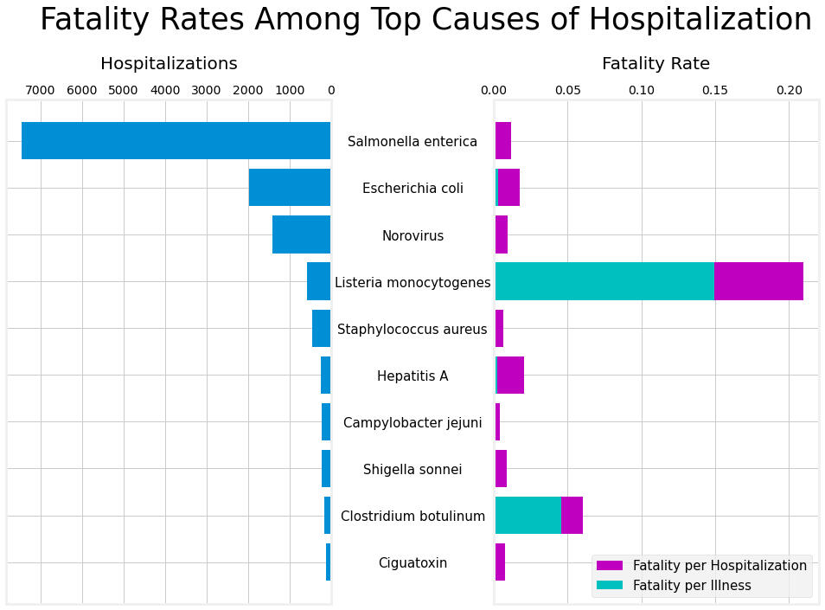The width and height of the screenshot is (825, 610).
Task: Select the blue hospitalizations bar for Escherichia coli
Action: click(290, 187)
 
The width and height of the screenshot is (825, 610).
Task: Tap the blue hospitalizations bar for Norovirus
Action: click(301, 234)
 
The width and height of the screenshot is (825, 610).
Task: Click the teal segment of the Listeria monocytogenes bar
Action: click(604, 281)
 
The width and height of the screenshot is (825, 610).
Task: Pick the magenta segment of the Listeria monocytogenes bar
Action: click(758, 281)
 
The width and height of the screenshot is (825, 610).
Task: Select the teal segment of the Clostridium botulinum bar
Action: click(528, 515)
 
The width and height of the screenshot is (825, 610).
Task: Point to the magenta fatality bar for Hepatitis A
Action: click(511, 375)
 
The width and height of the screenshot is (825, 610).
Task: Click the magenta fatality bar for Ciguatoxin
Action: click(500, 562)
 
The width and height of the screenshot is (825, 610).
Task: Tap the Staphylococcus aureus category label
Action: click(412, 330)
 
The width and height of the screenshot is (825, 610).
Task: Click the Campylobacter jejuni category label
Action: click(412, 423)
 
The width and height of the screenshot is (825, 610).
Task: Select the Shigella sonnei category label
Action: click(412, 470)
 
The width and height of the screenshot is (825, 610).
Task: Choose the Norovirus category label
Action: click(412, 236)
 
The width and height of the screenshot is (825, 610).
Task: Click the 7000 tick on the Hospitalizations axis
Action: click(41, 90)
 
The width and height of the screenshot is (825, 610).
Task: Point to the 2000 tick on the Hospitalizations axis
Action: click(248, 90)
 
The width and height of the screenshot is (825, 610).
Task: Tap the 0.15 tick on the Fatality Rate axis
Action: click(715, 90)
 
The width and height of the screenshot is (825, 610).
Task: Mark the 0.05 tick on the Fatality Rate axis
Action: click(567, 90)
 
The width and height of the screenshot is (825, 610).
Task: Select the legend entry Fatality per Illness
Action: click(691, 586)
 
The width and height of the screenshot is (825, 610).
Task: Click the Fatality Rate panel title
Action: click(656, 64)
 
